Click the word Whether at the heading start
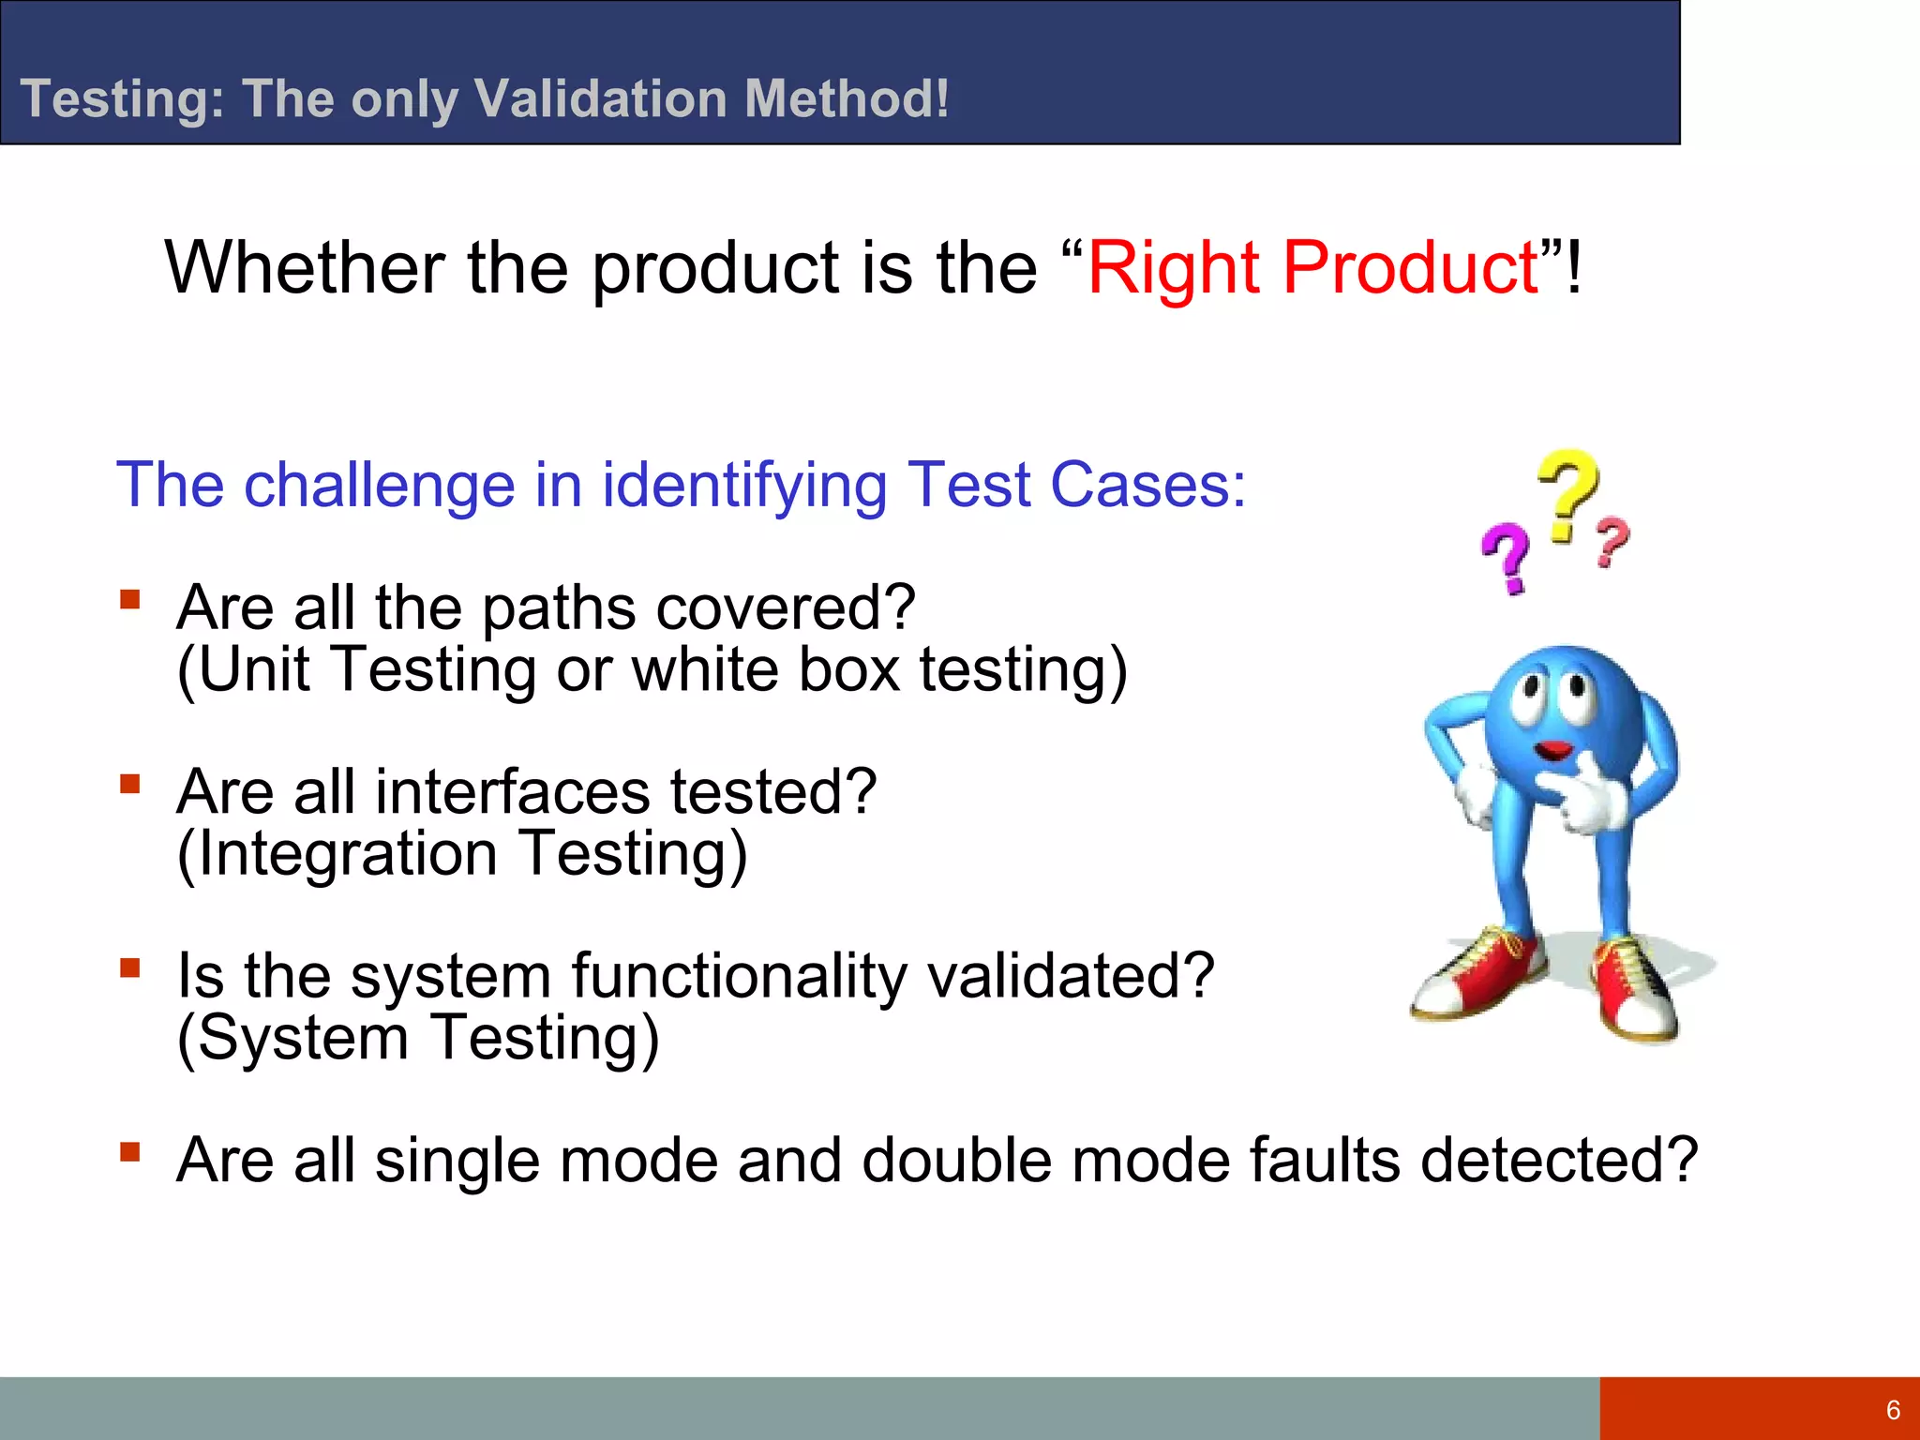tap(305, 269)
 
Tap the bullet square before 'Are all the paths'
tap(130, 598)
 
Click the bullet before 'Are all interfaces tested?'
tap(130, 782)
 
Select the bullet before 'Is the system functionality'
tap(130, 966)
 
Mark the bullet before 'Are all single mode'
tap(130, 1150)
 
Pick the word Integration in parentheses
tap(347, 855)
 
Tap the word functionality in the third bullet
tap(739, 976)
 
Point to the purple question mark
tap(1507, 558)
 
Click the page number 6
tap(1893, 1410)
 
